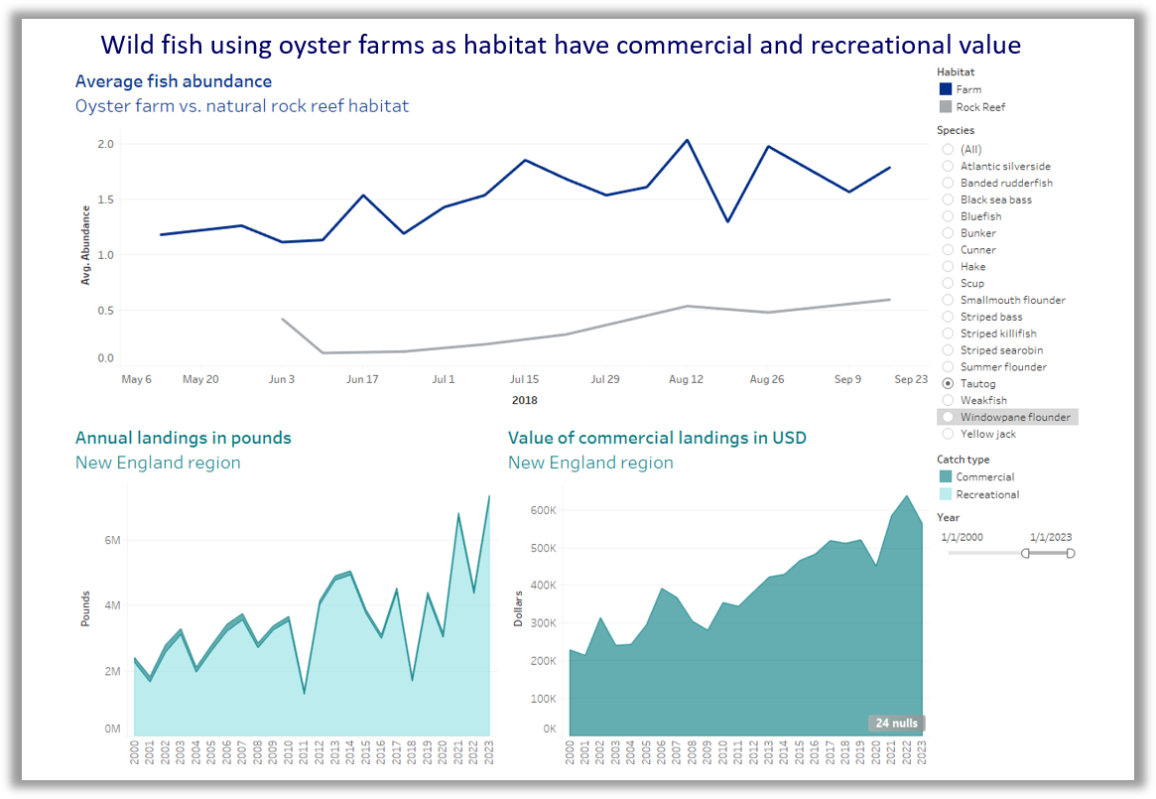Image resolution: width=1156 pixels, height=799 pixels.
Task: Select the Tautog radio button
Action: (x=948, y=383)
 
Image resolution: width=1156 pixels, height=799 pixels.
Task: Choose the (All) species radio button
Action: (x=948, y=149)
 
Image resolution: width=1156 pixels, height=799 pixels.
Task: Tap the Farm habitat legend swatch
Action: (x=945, y=89)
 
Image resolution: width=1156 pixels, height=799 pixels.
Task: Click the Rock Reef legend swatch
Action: (x=945, y=106)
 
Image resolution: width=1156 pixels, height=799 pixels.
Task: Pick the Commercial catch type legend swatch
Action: (x=945, y=477)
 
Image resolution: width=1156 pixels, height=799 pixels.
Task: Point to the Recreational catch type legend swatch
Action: (x=945, y=494)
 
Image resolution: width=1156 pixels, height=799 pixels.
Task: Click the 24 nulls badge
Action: (x=897, y=723)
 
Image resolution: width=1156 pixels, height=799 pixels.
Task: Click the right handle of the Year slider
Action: (x=1070, y=553)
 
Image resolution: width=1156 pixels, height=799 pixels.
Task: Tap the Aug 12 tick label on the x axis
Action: (x=686, y=379)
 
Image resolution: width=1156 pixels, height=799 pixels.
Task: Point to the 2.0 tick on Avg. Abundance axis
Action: (x=105, y=144)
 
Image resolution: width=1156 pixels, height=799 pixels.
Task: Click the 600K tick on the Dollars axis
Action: (x=542, y=510)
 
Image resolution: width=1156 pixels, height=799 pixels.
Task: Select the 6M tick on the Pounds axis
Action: (x=111, y=541)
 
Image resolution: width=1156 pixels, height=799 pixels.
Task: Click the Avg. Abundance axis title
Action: (x=86, y=245)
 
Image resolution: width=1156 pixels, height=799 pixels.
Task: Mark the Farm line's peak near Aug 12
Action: (x=687, y=140)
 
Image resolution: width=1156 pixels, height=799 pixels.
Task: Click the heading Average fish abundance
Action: (x=173, y=81)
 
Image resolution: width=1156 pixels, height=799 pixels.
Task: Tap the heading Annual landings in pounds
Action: (x=183, y=438)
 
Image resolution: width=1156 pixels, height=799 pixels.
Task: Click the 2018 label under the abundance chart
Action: (x=525, y=400)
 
